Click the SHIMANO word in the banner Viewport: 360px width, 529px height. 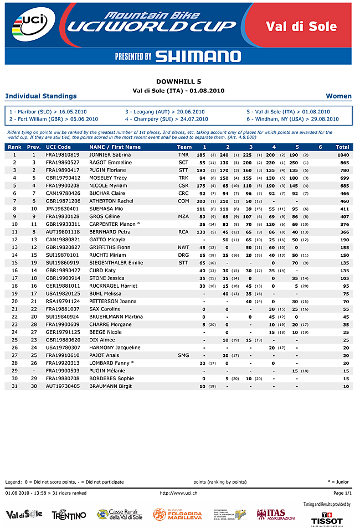click(198, 56)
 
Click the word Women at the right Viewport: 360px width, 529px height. click(339, 96)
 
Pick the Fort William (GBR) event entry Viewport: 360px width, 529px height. click(54, 119)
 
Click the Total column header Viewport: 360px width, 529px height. click(342, 147)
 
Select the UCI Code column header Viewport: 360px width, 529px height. click(58, 147)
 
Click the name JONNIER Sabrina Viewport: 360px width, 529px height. click(110, 155)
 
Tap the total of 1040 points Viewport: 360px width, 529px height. click(343, 155)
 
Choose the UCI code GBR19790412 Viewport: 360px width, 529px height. click(63, 178)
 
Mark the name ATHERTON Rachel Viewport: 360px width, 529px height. click(111, 201)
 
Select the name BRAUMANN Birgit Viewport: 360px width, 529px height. click(111, 386)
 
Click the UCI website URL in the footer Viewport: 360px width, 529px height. click(178, 492)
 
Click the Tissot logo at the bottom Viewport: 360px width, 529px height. click(335, 517)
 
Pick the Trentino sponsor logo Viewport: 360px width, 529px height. click(69, 515)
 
